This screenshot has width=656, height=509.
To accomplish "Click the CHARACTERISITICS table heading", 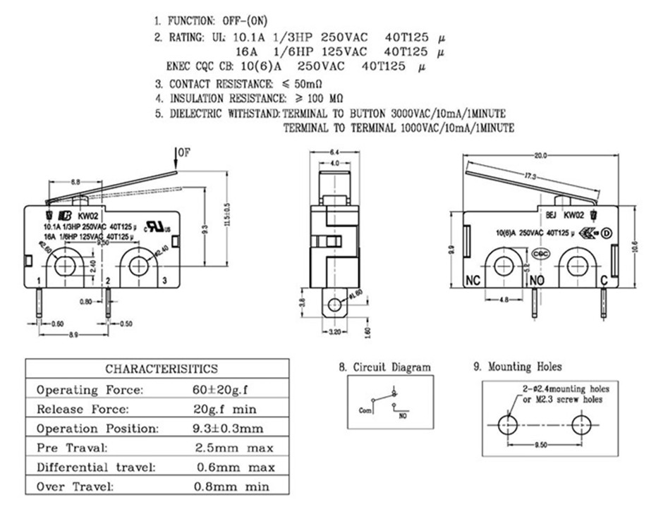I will (x=162, y=369).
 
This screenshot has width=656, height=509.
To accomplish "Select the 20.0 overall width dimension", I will (x=541, y=156).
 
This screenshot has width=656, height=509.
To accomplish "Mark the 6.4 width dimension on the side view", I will (x=334, y=152).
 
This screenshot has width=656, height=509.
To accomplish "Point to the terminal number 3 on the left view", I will (x=164, y=282).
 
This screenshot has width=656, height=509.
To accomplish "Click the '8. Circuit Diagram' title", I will (x=384, y=367).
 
